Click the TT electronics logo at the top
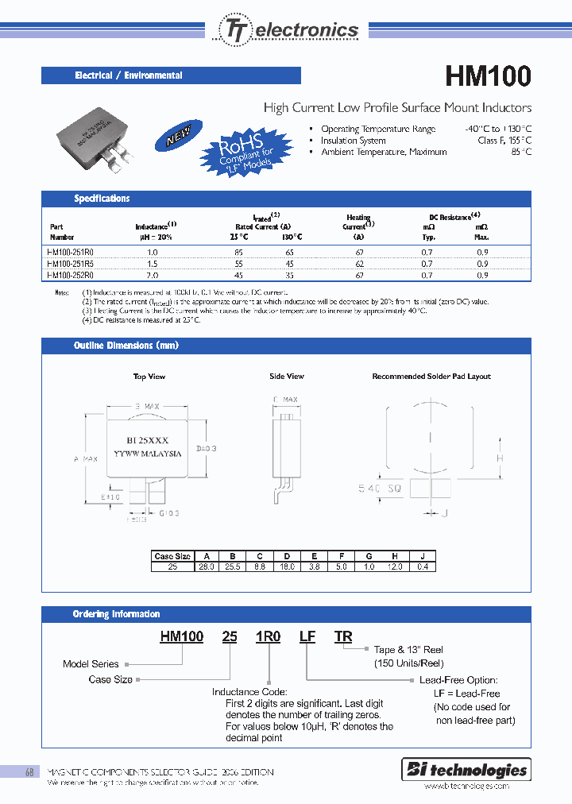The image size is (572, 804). click(288, 30)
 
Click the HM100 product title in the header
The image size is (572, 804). click(488, 76)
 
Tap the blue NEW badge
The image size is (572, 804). click(180, 137)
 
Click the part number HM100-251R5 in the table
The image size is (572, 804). click(71, 263)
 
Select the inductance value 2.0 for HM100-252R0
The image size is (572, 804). click(152, 275)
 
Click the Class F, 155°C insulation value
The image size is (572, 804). click(504, 141)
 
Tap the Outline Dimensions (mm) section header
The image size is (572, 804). click(126, 346)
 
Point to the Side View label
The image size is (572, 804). click(286, 377)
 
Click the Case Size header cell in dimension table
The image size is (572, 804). click(173, 556)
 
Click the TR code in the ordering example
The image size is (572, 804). click(342, 636)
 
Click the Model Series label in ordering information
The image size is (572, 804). click(91, 664)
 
